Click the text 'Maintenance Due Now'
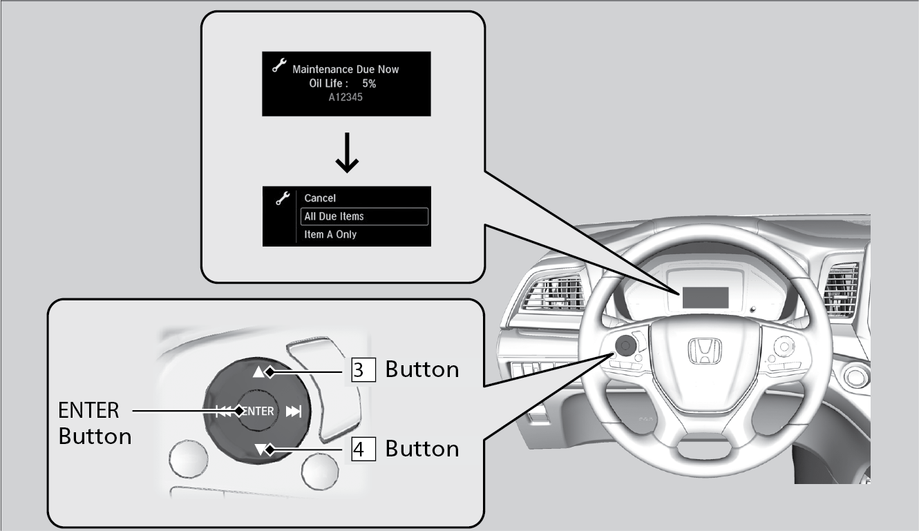pos(345,69)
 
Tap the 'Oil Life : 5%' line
pos(342,83)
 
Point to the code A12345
pos(346,97)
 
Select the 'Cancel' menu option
pos(320,198)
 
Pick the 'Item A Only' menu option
pos(330,235)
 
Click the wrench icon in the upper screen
pos(279,66)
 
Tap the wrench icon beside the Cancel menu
pos(281,198)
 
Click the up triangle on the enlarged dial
pos(259,372)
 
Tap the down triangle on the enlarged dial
pos(260,450)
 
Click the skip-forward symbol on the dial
pos(294,412)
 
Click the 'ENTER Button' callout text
pos(95,423)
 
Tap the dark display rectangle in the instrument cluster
pos(705,298)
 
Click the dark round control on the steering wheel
pos(626,343)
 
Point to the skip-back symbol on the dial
pos(224,412)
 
